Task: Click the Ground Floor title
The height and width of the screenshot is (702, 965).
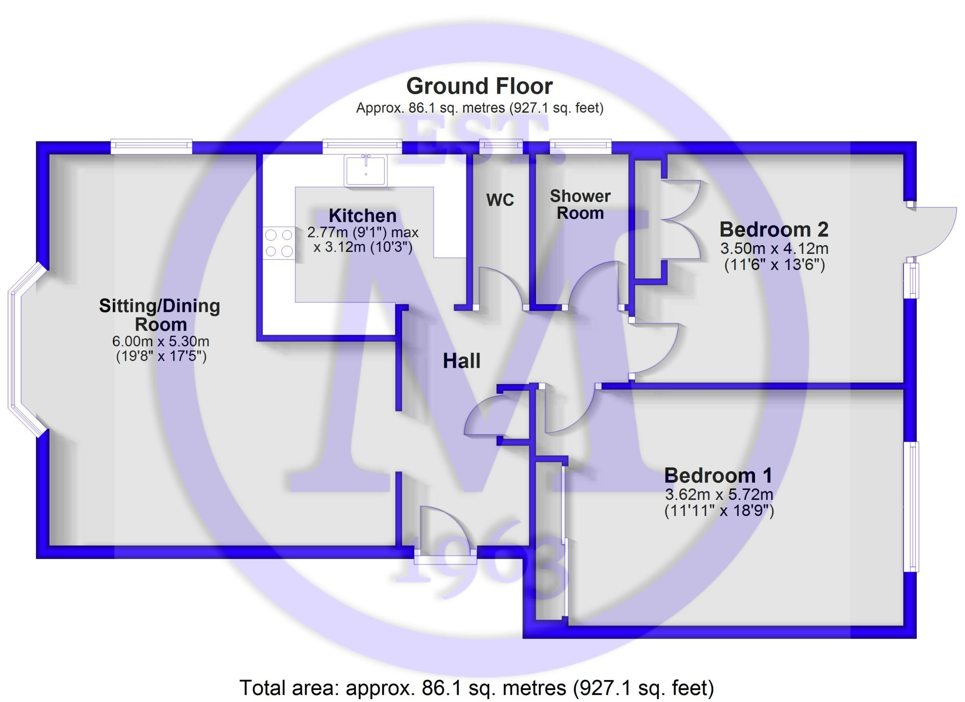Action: coord(479,86)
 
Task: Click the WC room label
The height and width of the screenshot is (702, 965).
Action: coord(500,199)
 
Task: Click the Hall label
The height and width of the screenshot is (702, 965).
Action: coord(462,361)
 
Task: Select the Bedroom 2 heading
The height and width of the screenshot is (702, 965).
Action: coord(774,230)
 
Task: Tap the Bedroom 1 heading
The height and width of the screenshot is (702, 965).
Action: coord(718,475)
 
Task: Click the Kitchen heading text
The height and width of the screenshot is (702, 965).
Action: coord(363,216)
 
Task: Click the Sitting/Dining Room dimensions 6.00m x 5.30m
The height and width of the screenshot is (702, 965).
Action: coord(161,341)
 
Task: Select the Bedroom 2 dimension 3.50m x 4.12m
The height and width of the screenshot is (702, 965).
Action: coord(774,248)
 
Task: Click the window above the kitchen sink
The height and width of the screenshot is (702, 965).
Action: coord(362,147)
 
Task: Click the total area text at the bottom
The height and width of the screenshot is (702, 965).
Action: coord(476,688)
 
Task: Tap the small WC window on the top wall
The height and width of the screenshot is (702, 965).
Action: coord(501,147)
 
